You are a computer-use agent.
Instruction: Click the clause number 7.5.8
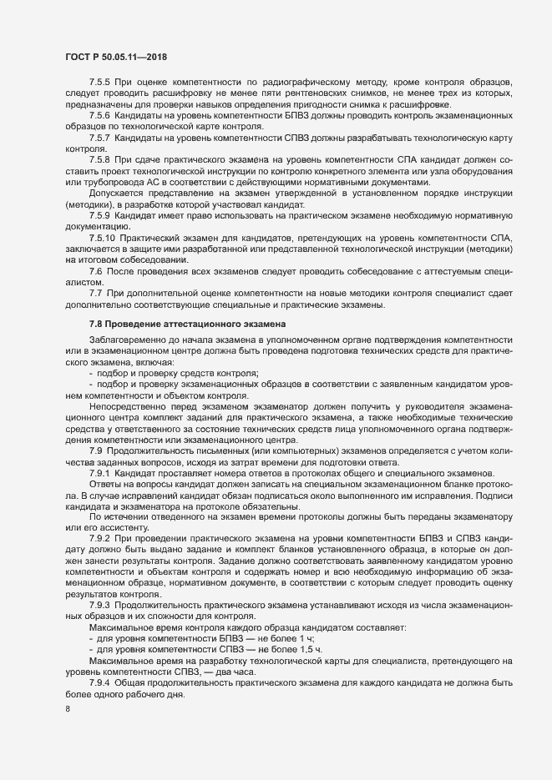click(x=99, y=158)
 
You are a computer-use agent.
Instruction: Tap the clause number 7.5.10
click(x=102, y=238)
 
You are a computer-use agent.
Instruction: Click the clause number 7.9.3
click(x=99, y=603)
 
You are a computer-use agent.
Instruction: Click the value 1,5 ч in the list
click(x=308, y=648)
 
